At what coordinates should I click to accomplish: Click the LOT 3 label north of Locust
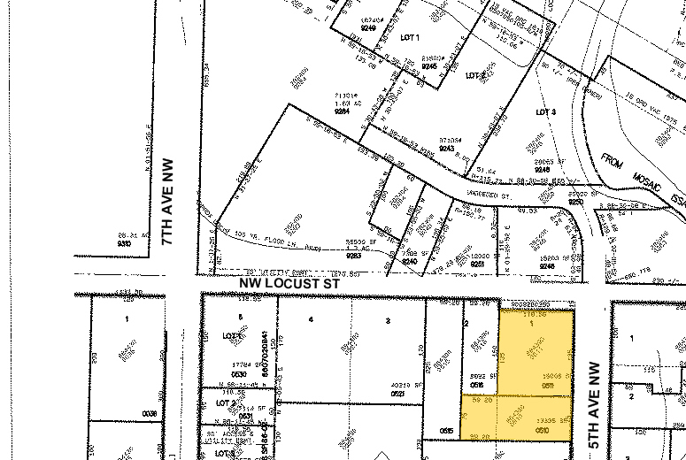[546, 112]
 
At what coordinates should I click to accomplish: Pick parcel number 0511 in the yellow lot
[548, 386]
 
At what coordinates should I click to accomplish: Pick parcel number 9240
[409, 261]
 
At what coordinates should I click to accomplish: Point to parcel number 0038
[150, 412]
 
